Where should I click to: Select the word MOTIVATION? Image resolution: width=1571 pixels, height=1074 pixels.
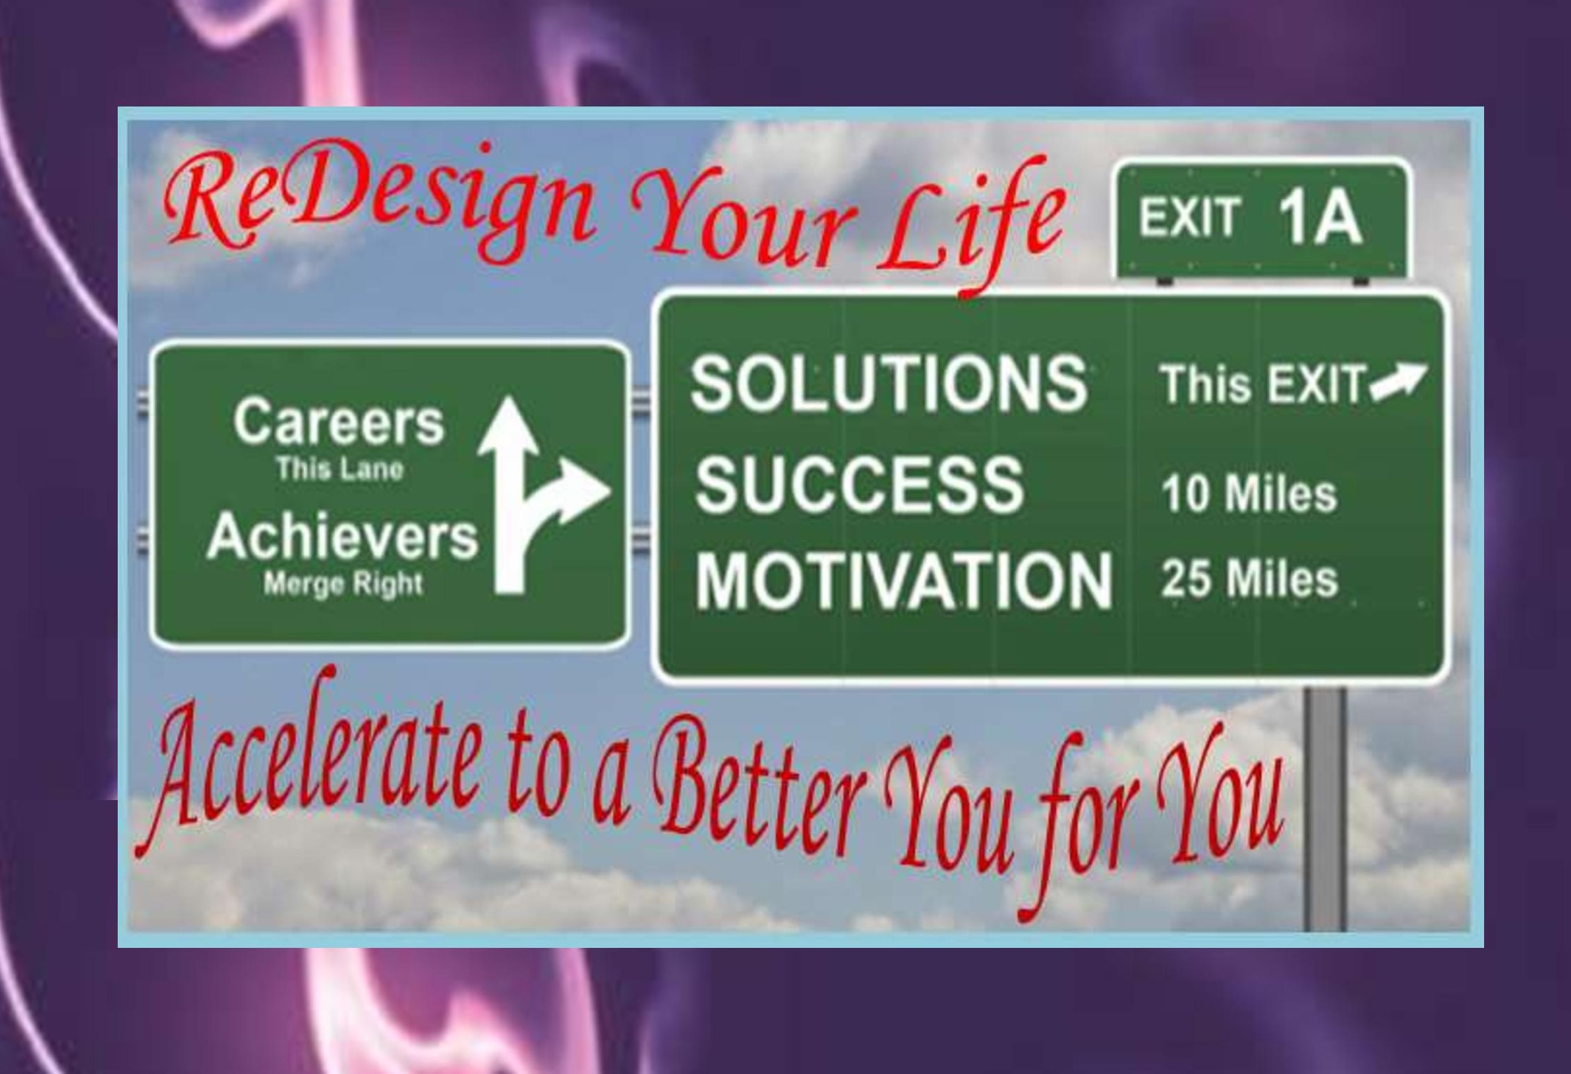(904, 580)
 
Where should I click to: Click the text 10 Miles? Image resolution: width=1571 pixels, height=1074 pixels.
(1249, 494)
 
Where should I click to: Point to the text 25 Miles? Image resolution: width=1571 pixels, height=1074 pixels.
(1249, 579)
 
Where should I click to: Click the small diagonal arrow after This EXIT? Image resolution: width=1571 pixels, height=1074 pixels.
(1398, 382)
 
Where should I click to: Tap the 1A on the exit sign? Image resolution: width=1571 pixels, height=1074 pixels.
(1319, 218)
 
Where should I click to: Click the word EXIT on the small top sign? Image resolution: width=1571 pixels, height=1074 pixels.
(1189, 218)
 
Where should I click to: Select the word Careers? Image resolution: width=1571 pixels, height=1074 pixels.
(339, 422)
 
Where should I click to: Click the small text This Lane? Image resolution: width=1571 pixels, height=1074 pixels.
(340, 469)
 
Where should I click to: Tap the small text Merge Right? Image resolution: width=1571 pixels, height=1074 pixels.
(343, 584)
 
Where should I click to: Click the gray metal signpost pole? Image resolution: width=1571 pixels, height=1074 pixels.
(1324, 808)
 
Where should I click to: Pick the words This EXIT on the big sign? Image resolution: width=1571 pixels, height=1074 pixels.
(1263, 384)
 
